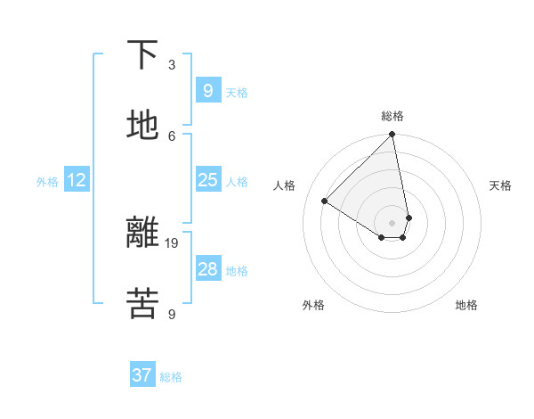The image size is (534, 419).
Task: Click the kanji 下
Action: (x=142, y=55)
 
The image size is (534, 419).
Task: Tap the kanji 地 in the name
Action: (x=142, y=126)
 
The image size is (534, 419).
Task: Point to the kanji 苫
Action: (x=142, y=303)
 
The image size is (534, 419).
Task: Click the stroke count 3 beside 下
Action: (x=172, y=64)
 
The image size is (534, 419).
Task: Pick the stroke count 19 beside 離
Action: (x=173, y=242)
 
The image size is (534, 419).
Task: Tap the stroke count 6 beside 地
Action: (x=172, y=136)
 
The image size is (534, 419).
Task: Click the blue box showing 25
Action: (x=207, y=180)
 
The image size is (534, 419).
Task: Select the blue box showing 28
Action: (x=207, y=269)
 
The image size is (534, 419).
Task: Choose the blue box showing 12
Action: (x=77, y=180)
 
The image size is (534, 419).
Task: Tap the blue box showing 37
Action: (x=142, y=375)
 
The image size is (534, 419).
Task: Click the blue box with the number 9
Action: (x=207, y=91)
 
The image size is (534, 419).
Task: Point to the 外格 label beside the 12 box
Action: (x=47, y=182)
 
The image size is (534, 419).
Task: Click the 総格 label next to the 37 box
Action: (x=171, y=377)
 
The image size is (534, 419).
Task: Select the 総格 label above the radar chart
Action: (x=392, y=116)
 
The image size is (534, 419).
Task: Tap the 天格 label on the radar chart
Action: (x=501, y=185)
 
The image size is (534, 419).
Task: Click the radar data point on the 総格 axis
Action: (x=392, y=136)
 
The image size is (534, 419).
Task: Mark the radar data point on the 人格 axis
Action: (x=325, y=201)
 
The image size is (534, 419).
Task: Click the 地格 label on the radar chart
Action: (x=466, y=305)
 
